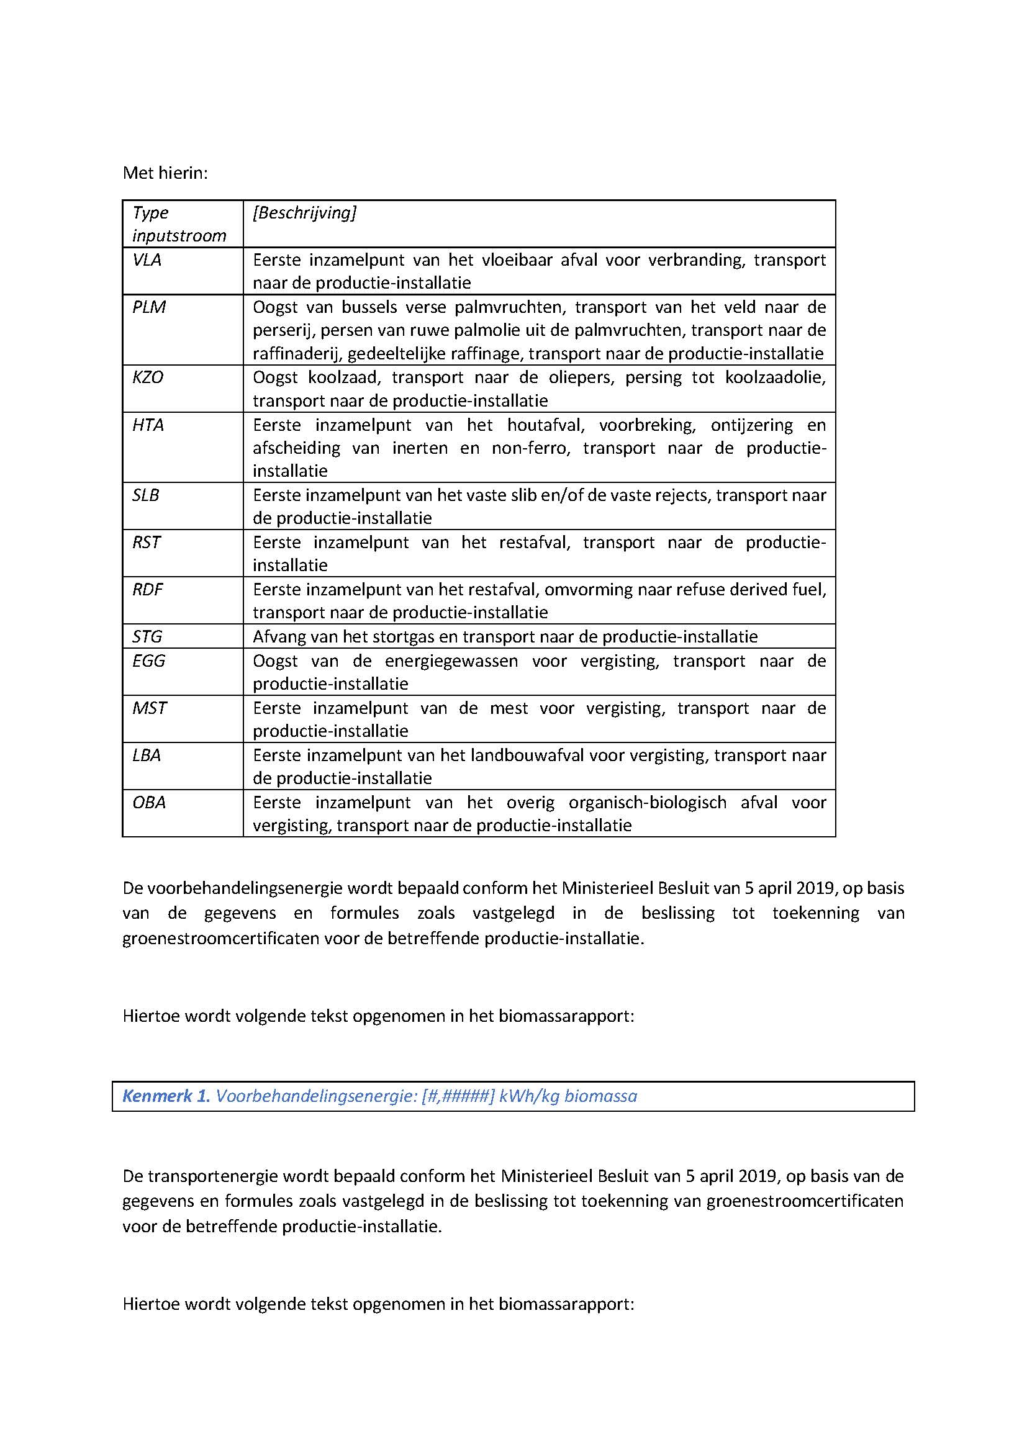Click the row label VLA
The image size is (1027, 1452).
pyautogui.click(x=147, y=260)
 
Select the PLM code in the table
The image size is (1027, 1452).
pyautogui.click(x=148, y=307)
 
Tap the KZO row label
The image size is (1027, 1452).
pyautogui.click(x=147, y=377)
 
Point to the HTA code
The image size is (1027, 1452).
pyautogui.click(x=148, y=425)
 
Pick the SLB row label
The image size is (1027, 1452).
pyautogui.click(x=145, y=495)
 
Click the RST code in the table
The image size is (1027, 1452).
pyautogui.click(x=146, y=543)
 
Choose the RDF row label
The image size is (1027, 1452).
pyautogui.click(x=147, y=589)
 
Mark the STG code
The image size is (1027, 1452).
pyautogui.click(x=147, y=637)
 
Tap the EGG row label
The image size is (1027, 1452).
pyautogui.click(x=148, y=661)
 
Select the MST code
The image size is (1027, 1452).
pyautogui.click(x=149, y=708)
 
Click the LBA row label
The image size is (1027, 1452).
pyautogui.click(x=146, y=755)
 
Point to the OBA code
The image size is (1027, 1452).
pyautogui.click(x=148, y=803)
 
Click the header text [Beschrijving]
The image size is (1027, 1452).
pyautogui.click(x=304, y=213)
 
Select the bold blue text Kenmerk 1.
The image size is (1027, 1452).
pyautogui.click(x=166, y=1096)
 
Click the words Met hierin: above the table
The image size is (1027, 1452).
pyautogui.click(x=165, y=173)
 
